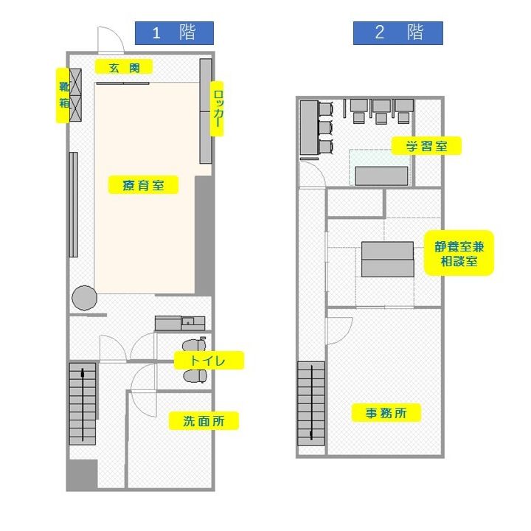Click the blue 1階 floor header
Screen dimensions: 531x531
tap(174, 33)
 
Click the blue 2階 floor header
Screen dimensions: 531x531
tap(398, 33)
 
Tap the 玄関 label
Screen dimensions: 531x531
tap(124, 66)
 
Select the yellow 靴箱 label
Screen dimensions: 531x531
tap(63, 95)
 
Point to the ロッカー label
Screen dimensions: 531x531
tap(217, 108)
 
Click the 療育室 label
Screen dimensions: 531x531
tap(143, 185)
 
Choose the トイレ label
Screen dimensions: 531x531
tap(209, 360)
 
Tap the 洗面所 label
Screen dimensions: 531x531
tap(204, 420)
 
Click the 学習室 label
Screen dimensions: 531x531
tap(426, 146)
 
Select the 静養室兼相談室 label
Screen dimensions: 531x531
tap(459, 253)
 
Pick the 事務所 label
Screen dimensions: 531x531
tap(386, 412)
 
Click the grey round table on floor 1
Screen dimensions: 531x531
tap(84, 298)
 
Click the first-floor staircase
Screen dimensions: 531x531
tap(83, 403)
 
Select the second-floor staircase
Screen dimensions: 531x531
tap(311, 403)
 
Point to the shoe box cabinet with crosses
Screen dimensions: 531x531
tap(75, 95)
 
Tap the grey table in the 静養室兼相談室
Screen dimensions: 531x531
tap(387, 259)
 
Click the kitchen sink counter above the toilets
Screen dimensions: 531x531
tap(180, 323)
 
